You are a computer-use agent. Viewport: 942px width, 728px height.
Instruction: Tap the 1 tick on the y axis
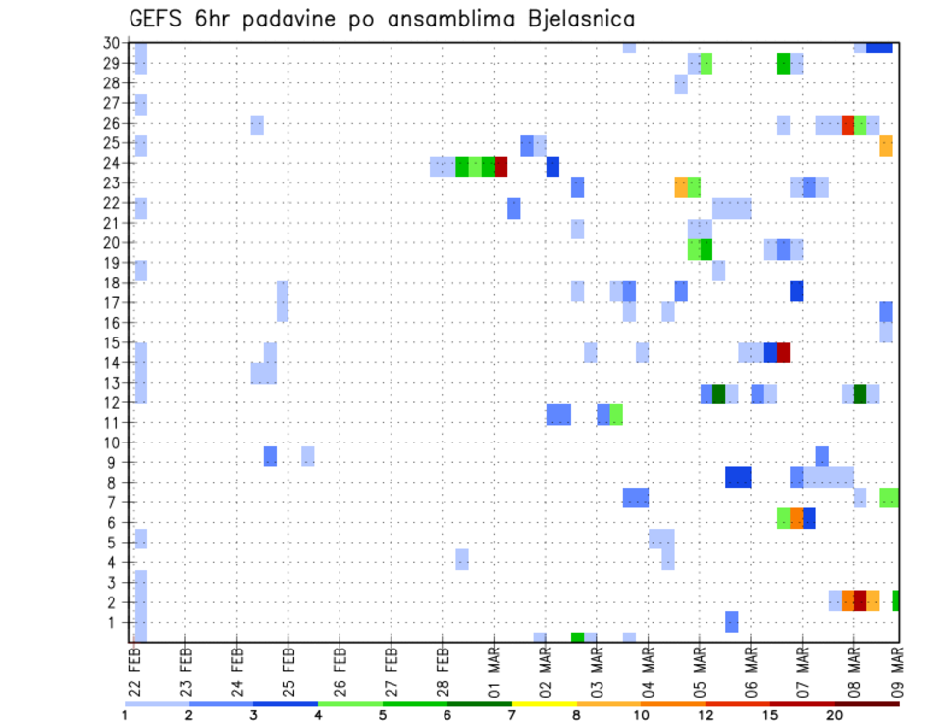point(115,622)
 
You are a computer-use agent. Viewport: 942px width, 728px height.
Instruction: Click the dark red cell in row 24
point(500,167)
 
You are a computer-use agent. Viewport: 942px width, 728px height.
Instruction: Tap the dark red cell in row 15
point(783,352)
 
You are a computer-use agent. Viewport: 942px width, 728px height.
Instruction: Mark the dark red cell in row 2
point(860,600)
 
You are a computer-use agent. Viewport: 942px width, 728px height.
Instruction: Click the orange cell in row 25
point(886,146)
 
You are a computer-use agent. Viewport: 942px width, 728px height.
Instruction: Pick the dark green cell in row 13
point(718,393)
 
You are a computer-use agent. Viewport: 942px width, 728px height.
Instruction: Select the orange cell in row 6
point(796,517)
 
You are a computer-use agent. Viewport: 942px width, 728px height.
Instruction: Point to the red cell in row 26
point(848,126)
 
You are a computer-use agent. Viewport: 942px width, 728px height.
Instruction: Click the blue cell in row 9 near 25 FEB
point(270,456)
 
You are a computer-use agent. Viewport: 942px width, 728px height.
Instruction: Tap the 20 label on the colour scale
point(834,715)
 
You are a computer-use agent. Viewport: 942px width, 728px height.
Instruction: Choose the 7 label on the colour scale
point(511,715)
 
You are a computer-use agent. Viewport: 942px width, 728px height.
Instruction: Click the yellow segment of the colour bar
point(544,702)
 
